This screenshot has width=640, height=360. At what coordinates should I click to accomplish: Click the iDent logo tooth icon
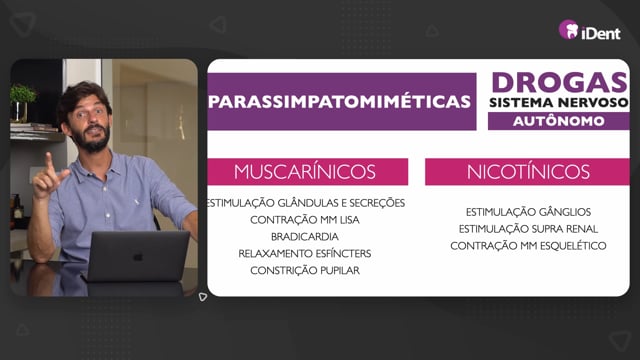[x=569, y=30]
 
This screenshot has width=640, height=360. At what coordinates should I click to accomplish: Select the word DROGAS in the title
[x=559, y=83]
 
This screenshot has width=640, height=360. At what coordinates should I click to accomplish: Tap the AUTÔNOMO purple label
[x=558, y=121]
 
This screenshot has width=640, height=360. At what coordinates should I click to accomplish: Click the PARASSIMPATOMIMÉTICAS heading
[x=339, y=102]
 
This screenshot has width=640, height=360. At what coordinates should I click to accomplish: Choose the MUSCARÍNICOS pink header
[x=308, y=172]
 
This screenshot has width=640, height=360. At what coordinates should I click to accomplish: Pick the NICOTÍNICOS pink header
[x=527, y=172]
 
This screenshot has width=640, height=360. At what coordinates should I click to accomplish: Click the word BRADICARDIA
[x=305, y=237]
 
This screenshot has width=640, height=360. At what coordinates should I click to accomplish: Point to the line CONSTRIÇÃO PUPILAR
[x=305, y=271]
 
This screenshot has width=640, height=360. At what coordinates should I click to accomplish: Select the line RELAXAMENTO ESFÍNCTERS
[x=305, y=253]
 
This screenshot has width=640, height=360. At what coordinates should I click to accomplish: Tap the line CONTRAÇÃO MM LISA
[x=305, y=220]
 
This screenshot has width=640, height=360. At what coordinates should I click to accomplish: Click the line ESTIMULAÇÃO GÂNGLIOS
[x=528, y=212]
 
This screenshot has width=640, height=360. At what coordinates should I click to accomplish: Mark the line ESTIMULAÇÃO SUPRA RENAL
[x=528, y=229]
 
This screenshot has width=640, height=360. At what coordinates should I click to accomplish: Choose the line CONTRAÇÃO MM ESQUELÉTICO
[x=528, y=246]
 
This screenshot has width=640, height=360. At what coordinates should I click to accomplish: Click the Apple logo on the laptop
[x=138, y=256]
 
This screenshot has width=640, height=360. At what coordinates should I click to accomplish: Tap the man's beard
[x=93, y=140]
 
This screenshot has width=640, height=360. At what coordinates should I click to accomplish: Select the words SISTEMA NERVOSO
[x=559, y=102]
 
